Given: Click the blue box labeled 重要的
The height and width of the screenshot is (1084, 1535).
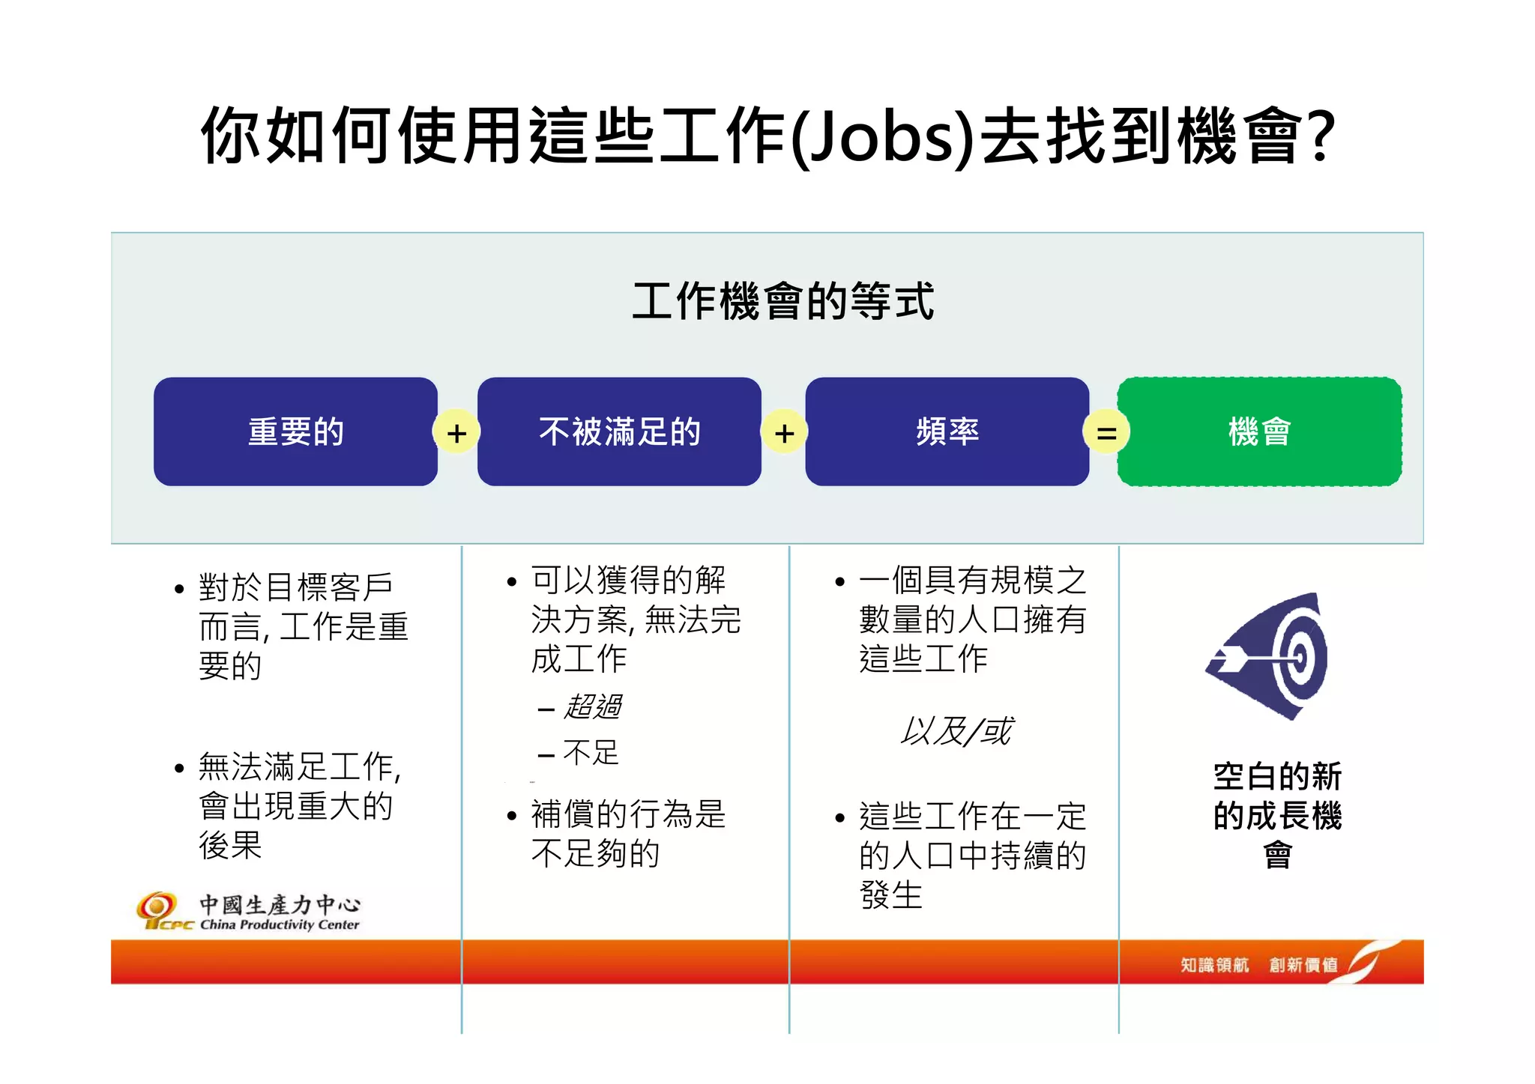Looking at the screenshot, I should [x=295, y=432].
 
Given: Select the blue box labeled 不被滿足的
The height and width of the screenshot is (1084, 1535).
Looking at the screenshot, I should [x=619, y=432].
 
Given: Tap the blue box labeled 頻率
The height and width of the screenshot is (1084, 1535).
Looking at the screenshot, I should [x=947, y=432].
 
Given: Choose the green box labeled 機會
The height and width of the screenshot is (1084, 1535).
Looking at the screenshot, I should [x=1259, y=432].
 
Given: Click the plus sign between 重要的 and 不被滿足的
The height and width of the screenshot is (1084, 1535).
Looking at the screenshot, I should [x=456, y=433].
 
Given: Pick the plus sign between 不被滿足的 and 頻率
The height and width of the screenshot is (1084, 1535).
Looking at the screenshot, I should [x=784, y=433].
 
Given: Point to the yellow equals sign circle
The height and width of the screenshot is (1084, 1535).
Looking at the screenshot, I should [x=1106, y=433].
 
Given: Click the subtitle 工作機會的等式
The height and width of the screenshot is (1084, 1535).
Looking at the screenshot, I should [x=783, y=301].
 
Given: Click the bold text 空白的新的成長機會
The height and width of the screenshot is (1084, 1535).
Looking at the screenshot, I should [x=1277, y=815].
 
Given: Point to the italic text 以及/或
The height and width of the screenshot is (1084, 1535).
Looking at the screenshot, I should [x=956, y=731].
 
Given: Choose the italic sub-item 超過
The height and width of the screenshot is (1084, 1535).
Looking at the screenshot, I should [x=592, y=706].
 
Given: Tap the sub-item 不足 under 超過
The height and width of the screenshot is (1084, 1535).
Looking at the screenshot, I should [x=591, y=752].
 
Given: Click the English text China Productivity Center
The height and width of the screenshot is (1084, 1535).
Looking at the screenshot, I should [x=280, y=924].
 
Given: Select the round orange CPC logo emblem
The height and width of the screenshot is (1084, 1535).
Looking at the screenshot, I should [x=157, y=906].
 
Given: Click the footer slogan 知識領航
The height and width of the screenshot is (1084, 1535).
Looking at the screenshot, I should [x=1214, y=965].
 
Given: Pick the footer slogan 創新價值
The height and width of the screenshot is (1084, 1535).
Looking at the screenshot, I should [x=1303, y=965].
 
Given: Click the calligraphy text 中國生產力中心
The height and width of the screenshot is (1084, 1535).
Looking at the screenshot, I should [x=280, y=904].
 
